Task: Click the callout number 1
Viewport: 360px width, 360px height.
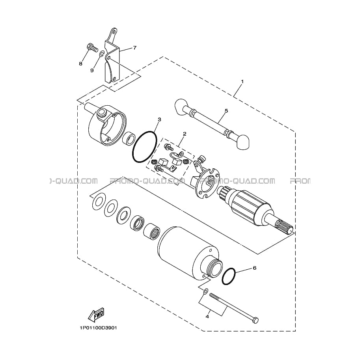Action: point(242,82)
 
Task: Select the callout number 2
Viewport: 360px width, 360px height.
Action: point(185,133)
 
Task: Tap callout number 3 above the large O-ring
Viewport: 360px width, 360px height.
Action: point(159,119)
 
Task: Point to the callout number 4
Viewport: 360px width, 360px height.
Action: point(207,317)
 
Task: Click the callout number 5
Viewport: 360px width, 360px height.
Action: point(226,111)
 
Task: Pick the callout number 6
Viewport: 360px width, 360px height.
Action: point(254,268)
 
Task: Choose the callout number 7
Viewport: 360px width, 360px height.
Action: point(135,48)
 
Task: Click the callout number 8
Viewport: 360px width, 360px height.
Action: point(80,63)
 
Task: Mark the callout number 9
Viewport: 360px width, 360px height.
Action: point(92,71)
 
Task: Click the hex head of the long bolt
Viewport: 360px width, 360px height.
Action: point(255,320)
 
